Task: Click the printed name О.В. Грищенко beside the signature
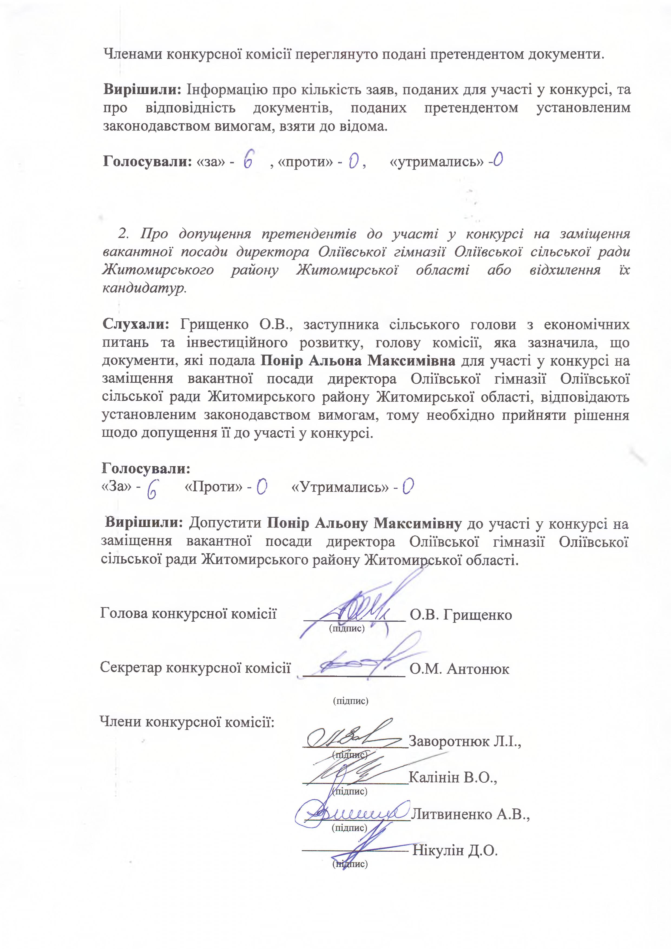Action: pos(461,615)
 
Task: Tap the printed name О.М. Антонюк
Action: pos(459,669)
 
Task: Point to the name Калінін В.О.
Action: pos(452,778)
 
